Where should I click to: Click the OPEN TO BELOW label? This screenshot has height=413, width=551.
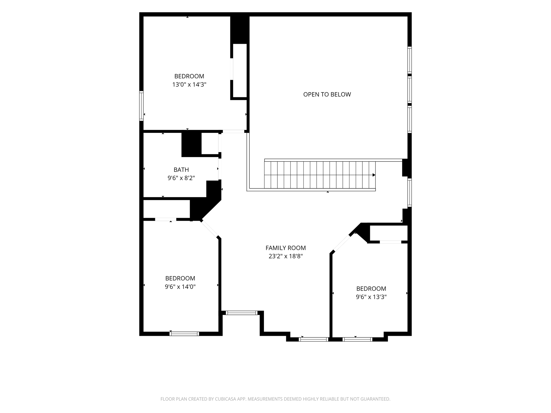pos(327,94)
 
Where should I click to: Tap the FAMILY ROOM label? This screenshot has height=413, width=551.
pos(286,248)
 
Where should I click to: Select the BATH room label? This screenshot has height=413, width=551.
pos(181,170)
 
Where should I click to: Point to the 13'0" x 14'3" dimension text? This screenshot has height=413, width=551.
pos(189,85)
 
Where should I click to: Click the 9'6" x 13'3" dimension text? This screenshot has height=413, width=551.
pos(371,297)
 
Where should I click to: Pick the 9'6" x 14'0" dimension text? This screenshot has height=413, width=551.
pos(180,287)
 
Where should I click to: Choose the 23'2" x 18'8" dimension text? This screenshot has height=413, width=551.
pos(286,256)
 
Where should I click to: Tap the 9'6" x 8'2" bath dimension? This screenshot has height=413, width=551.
pos(181,178)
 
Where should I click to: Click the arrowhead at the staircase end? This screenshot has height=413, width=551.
pos(374,175)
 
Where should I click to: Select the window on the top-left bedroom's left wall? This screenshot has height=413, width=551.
pos(141,106)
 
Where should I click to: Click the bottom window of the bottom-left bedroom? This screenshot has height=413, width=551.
pos(184,334)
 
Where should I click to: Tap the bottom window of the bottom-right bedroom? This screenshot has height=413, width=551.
pos(358,339)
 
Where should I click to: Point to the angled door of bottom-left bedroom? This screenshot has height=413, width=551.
pos(210,229)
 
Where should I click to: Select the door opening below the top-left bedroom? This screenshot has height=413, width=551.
pos(233,131)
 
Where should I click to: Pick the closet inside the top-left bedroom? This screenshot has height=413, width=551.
pos(240,70)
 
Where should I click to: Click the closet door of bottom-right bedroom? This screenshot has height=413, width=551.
pos(390,242)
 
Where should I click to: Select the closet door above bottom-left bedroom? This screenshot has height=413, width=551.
pos(165,219)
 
